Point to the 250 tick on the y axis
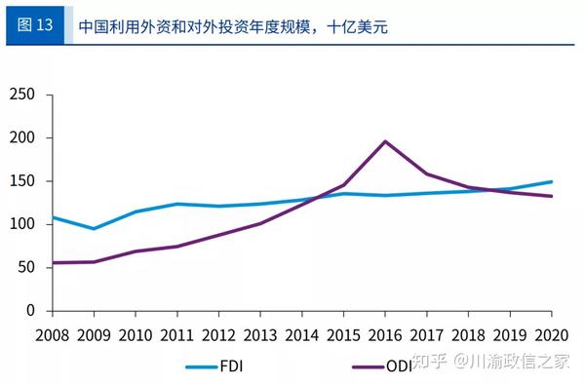coord(20,95)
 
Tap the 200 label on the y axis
coord(20,137)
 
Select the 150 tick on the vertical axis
coord(20,181)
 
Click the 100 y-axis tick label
coord(20,224)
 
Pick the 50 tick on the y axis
coord(25,267)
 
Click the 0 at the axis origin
coord(30,311)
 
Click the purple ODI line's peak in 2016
coord(385,141)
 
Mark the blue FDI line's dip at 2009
coord(94,229)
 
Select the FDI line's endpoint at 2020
coord(552,181)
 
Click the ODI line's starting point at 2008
coord(53,262)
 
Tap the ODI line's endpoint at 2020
coord(552,196)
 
